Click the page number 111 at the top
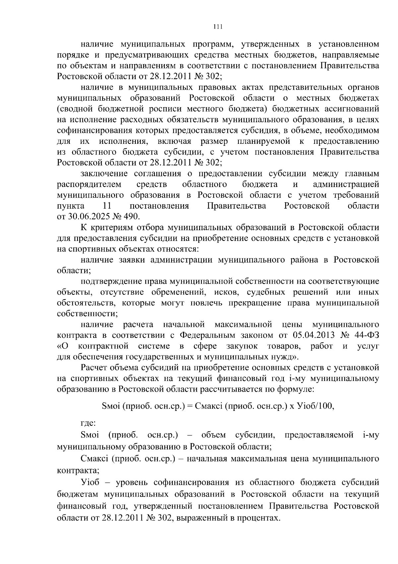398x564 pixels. [218, 27]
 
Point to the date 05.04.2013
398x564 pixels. [313, 335]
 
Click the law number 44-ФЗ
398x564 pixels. [366, 335]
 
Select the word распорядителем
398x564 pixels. [89, 184]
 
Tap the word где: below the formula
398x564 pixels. [88, 423]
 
